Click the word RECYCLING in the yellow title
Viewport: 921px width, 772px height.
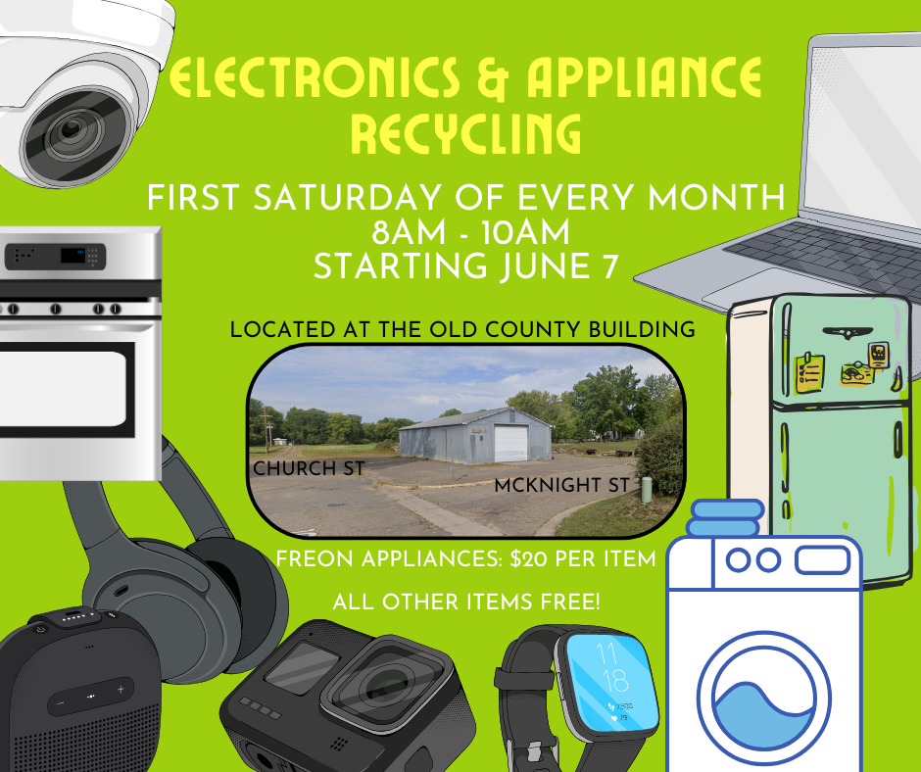tap(465, 133)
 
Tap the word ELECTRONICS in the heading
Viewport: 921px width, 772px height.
tap(315, 77)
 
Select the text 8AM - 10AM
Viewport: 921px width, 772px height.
tap(470, 231)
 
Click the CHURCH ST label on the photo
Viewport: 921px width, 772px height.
tap(309, 468)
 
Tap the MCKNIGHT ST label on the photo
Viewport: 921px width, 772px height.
tap(562, 485)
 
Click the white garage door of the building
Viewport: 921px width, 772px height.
tap(510, 443)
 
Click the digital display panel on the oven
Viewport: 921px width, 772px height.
tap(73, 256)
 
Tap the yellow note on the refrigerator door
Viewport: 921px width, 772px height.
tap(810, 372)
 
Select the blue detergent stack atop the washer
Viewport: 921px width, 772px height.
tap(726, 517)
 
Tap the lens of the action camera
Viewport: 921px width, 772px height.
tap(383, 685)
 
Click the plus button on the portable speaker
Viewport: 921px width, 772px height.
tap(121, 689)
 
